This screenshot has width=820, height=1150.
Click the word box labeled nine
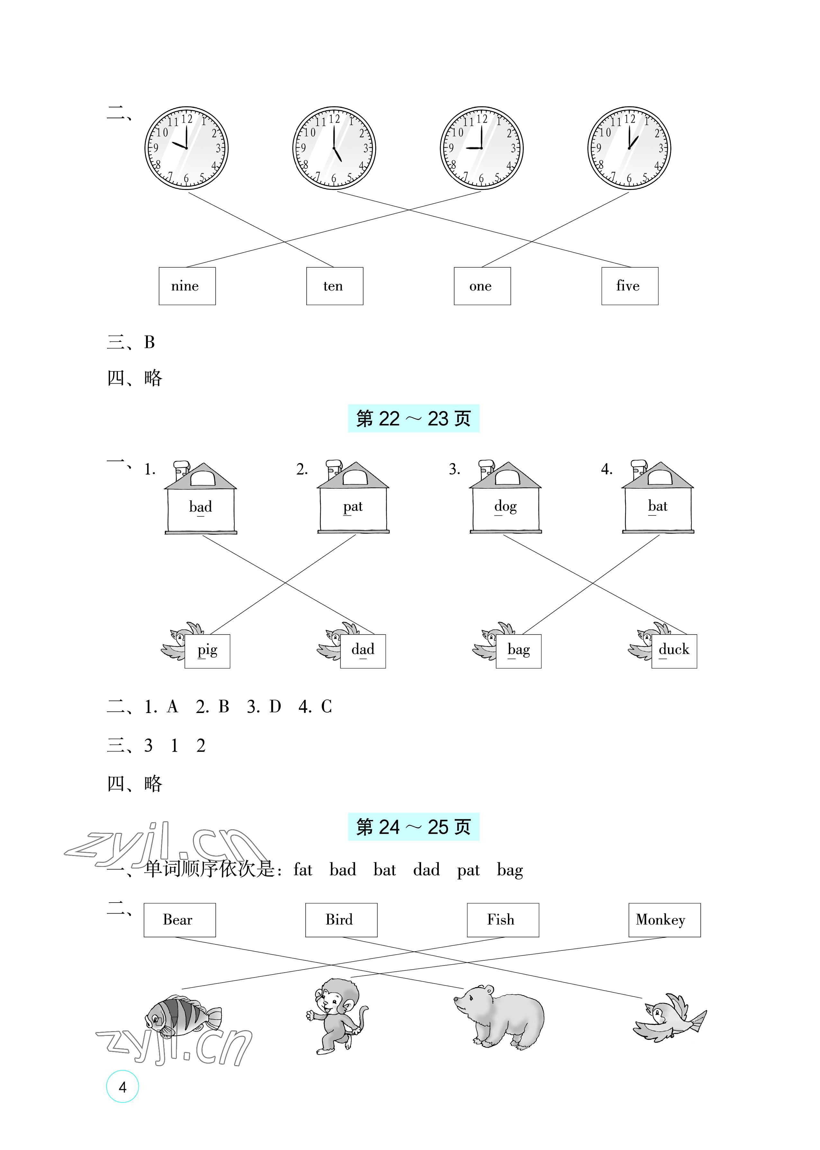187,286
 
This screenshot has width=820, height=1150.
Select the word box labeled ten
334,286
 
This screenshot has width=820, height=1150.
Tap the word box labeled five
629,286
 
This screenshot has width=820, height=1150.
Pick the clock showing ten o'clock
186,148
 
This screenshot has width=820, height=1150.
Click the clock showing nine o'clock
481,148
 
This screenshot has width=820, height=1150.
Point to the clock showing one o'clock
629,148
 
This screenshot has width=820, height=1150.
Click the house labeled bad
201,500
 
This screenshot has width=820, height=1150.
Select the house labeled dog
505,500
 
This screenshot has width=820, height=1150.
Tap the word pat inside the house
352,507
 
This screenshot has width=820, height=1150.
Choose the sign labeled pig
207,651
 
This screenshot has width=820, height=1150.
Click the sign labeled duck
673,651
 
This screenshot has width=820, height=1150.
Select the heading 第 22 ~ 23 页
413,418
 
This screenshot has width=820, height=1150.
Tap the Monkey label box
664,920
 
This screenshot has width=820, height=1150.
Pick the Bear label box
179,920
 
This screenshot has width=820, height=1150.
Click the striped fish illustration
182,1014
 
